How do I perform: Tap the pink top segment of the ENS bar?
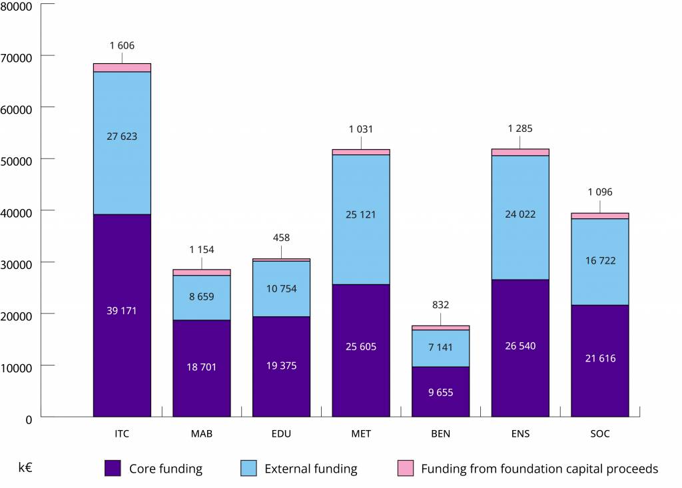tap(520, 152)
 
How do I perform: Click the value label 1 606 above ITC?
tap(122, 45)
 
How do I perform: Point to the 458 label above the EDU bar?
tap(281, 238)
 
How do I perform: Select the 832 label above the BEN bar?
tap(440, 305)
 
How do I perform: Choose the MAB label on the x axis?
tap(201, 434)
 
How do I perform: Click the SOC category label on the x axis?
tap(599, 434)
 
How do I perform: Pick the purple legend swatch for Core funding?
tap(113, 468)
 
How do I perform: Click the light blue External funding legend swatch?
tap(248, 468)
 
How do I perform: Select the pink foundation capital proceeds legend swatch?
tap(405, 468)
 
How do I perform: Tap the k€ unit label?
tap(26, 467)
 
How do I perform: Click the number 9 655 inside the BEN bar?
tap(440, 393)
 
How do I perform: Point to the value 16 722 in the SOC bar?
tap(599, 261)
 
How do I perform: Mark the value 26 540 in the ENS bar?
tap(520, 346)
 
